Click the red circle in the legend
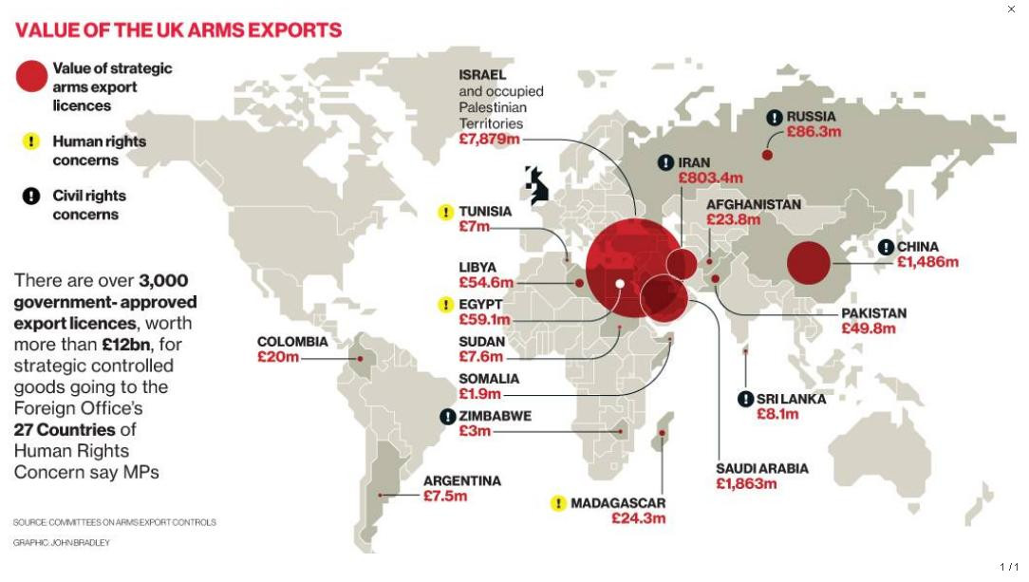(31, 77)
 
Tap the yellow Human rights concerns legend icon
(31, 141)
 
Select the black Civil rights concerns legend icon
(31, 197)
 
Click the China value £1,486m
(927, 262)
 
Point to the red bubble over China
(809, 263)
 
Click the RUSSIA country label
(811, 117)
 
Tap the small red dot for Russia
(767, 155)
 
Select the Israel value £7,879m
(489, 140)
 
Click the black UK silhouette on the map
(537, 186)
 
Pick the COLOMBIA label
(292, 342)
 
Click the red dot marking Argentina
(381, 495)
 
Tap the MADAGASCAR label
(618, 503)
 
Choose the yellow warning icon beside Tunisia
(445, 212)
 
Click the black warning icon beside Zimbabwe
(447, 417)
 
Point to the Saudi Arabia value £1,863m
(746, 483)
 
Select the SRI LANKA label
(791, 399)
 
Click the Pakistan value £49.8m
(869, 329)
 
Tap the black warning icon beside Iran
(666, 163)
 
